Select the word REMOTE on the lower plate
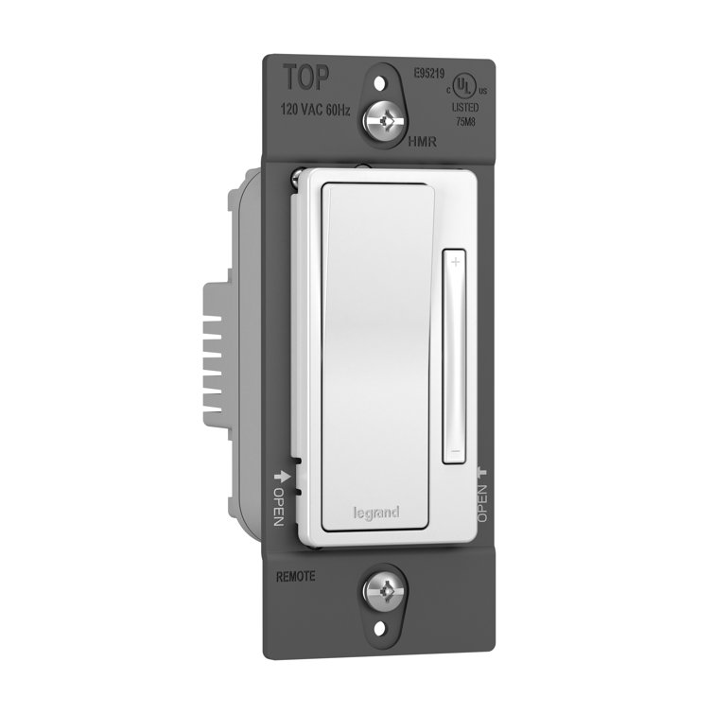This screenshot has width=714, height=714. coord(295,575)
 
